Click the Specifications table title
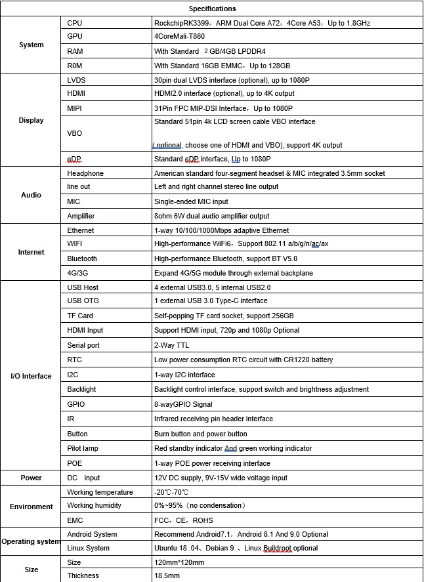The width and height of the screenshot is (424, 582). [212, 9]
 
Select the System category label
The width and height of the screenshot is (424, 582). [32, 45]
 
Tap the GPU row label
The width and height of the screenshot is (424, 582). [75, 37]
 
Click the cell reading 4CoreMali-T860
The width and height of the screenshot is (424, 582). [179, 37]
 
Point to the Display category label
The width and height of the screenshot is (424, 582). [32, 120]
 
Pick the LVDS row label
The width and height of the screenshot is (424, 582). [76, 79]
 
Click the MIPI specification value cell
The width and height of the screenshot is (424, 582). [223, 108]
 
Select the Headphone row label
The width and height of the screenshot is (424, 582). [85, 173]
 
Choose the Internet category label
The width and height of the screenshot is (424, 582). [32, 252]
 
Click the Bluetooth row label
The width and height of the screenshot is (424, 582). [82, 259]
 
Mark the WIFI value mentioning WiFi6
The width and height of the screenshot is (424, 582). [241, 244]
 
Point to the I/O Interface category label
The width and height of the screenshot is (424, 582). [32, 376]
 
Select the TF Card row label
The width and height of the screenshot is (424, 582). [81, 316]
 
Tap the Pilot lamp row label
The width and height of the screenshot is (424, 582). [82, 448]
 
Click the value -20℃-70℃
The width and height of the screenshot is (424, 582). [171, 492]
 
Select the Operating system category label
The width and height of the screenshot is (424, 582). [32, 541]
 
